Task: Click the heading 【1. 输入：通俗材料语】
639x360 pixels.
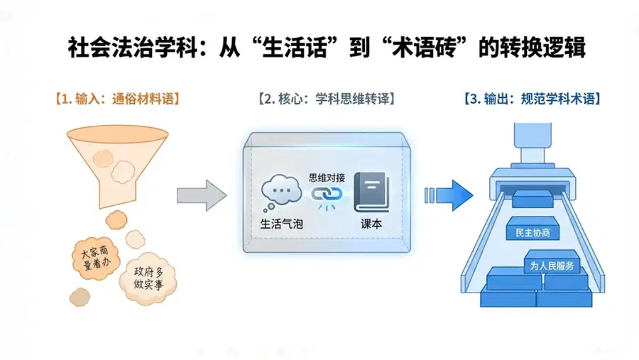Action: [x=118, y=99]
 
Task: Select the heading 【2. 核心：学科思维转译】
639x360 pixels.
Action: [x=327, y=99]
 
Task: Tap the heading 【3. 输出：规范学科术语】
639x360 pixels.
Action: [x=532, y=99]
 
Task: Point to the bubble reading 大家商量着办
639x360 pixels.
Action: [x=96, y=258]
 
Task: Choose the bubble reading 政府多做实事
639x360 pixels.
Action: [x=148, y=278]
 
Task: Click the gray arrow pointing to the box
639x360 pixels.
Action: [x=202, y=195]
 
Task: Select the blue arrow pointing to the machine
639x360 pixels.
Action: [x=449, y=195]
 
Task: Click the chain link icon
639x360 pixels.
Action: [x=327, y=195]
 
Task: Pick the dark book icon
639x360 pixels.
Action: [x=371, y=192]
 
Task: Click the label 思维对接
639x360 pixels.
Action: [x=327, y=178]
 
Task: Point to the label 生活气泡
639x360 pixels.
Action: [x=282, y=224]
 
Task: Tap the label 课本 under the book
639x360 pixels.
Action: [x=371, y=224]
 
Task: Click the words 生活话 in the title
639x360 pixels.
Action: [x=294, y=48]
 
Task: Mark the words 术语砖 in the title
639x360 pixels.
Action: [x=424, y=48]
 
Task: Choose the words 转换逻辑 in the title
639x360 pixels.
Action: [x=542, y=48]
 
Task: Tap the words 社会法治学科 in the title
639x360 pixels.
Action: [x=133, y=48]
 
